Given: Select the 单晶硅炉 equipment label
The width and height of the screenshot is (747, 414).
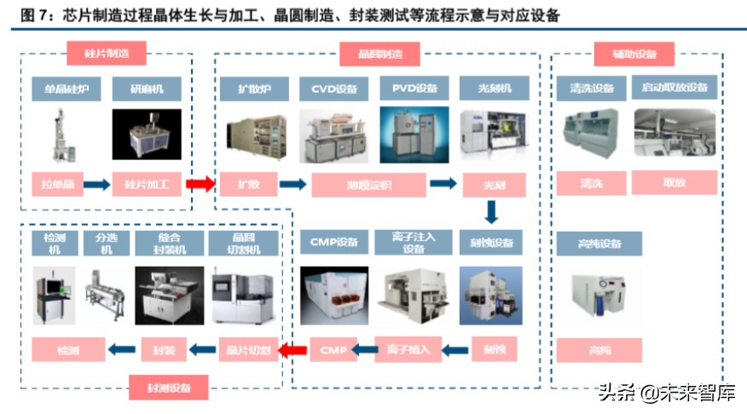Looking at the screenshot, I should click(x=63, y=89).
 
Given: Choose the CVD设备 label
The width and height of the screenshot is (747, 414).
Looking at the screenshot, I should click(x=333, y=89).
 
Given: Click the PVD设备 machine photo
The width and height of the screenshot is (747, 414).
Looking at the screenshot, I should click(x=414, y=135).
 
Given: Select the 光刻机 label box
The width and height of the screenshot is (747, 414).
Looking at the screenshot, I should click(x=494, y=89).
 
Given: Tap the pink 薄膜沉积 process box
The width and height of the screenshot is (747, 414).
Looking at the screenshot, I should click(x=368, y=185).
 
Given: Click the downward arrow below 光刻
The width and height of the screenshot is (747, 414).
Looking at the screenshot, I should click(x=493, y=212).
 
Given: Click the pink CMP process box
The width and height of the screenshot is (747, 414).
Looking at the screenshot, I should click(x=333, y=348).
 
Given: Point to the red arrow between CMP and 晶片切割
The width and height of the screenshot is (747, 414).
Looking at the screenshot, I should click(x=294, y=348).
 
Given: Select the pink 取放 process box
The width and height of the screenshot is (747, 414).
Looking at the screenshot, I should click(x=675, y=182).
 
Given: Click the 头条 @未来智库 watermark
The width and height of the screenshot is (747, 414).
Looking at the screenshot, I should click(x=661, y=394).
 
